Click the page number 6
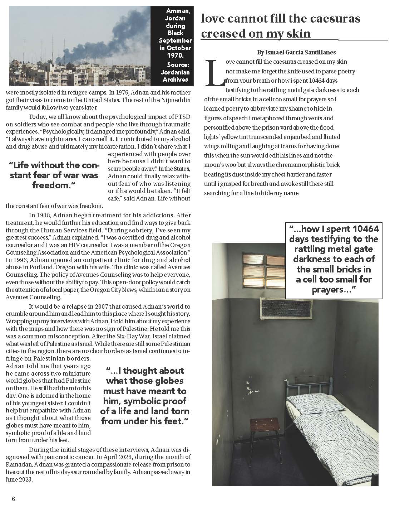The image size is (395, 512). click(x=13, y=499)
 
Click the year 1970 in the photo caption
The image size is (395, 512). click(x=175, y=55)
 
